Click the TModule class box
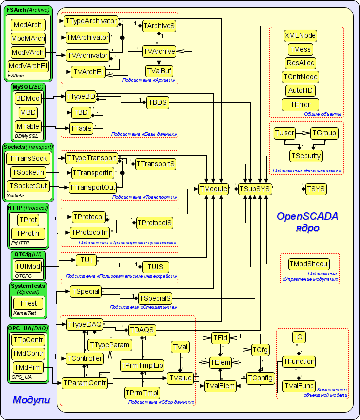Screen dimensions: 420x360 [x=213, y=189]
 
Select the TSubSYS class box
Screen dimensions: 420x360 [x=255, y=189]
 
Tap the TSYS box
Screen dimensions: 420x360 [x=316, y=189]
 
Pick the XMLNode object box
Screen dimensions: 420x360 [x=300, y=35]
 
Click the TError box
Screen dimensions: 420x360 [x=300, y=104]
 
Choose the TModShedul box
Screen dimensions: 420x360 [x=309, y=264]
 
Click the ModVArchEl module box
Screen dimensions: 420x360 [x=28, y=66]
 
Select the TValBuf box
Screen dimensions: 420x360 [x=159, y=70]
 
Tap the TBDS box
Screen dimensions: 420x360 [x=157, y=102]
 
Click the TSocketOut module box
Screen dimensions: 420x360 [x=28, y=186]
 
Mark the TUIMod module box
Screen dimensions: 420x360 [x=28, y=266]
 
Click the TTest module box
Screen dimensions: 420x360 [x=28, y=303]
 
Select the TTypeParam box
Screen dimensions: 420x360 [x=110, y=345]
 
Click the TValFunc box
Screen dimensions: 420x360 [x=299, y=386]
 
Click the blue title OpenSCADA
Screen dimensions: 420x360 [x=307, y=216]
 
